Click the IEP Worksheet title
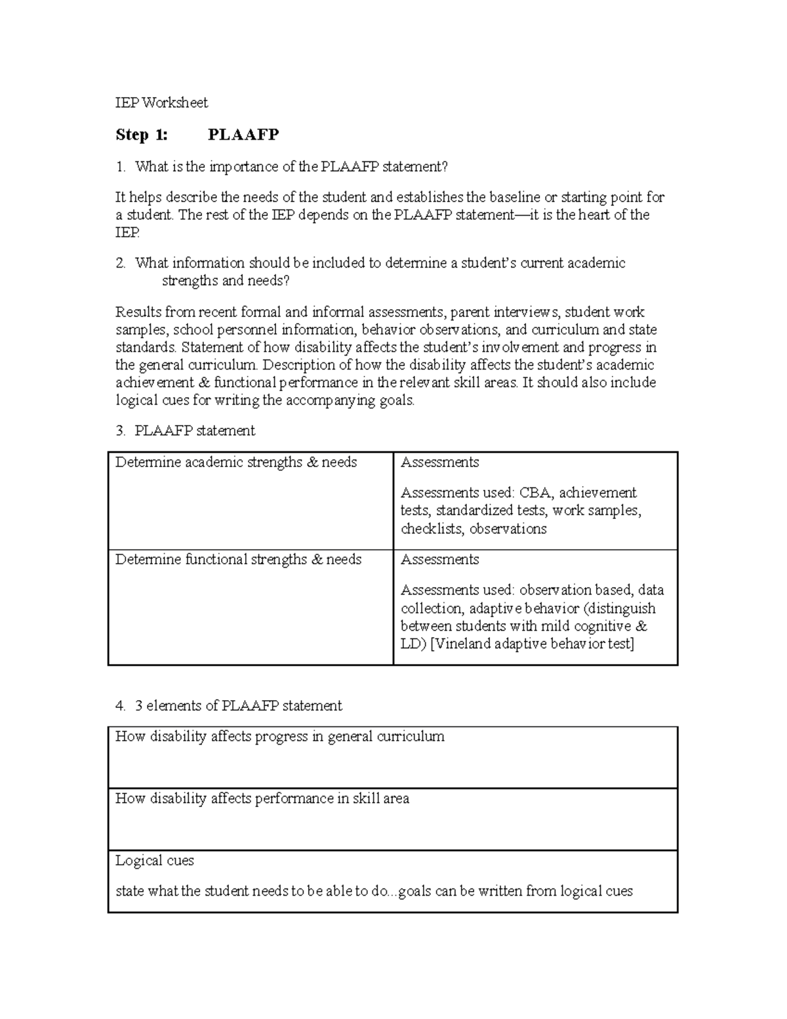pyautogui.click(x=161, y=102)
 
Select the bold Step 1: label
pyautogui.click(x=141, y=135)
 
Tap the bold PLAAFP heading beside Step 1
pyautogui.click(x=243, y=135)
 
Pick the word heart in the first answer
pyautogui.click(x=593, y=215)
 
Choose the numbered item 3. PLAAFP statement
pyautogui.click(x=185, y=430)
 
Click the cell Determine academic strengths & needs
pyautogui.click(x=236, y=463)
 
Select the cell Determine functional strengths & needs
pyautogui.click(x=238, y=560)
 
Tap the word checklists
pyautogui.click(x=433, y=529)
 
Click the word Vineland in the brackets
pyautogui.click(x=462, y=644)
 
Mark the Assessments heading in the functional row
pyautogui.click(x=439, y=560)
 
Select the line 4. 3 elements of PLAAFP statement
pyautogui.click(x=228, y=706)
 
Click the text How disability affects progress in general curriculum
pyautogui.click(x=280, y=737)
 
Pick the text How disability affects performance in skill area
pyautogui.click(x=262, y=799)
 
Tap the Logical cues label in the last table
pyautogui.click(x=155, y=860)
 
